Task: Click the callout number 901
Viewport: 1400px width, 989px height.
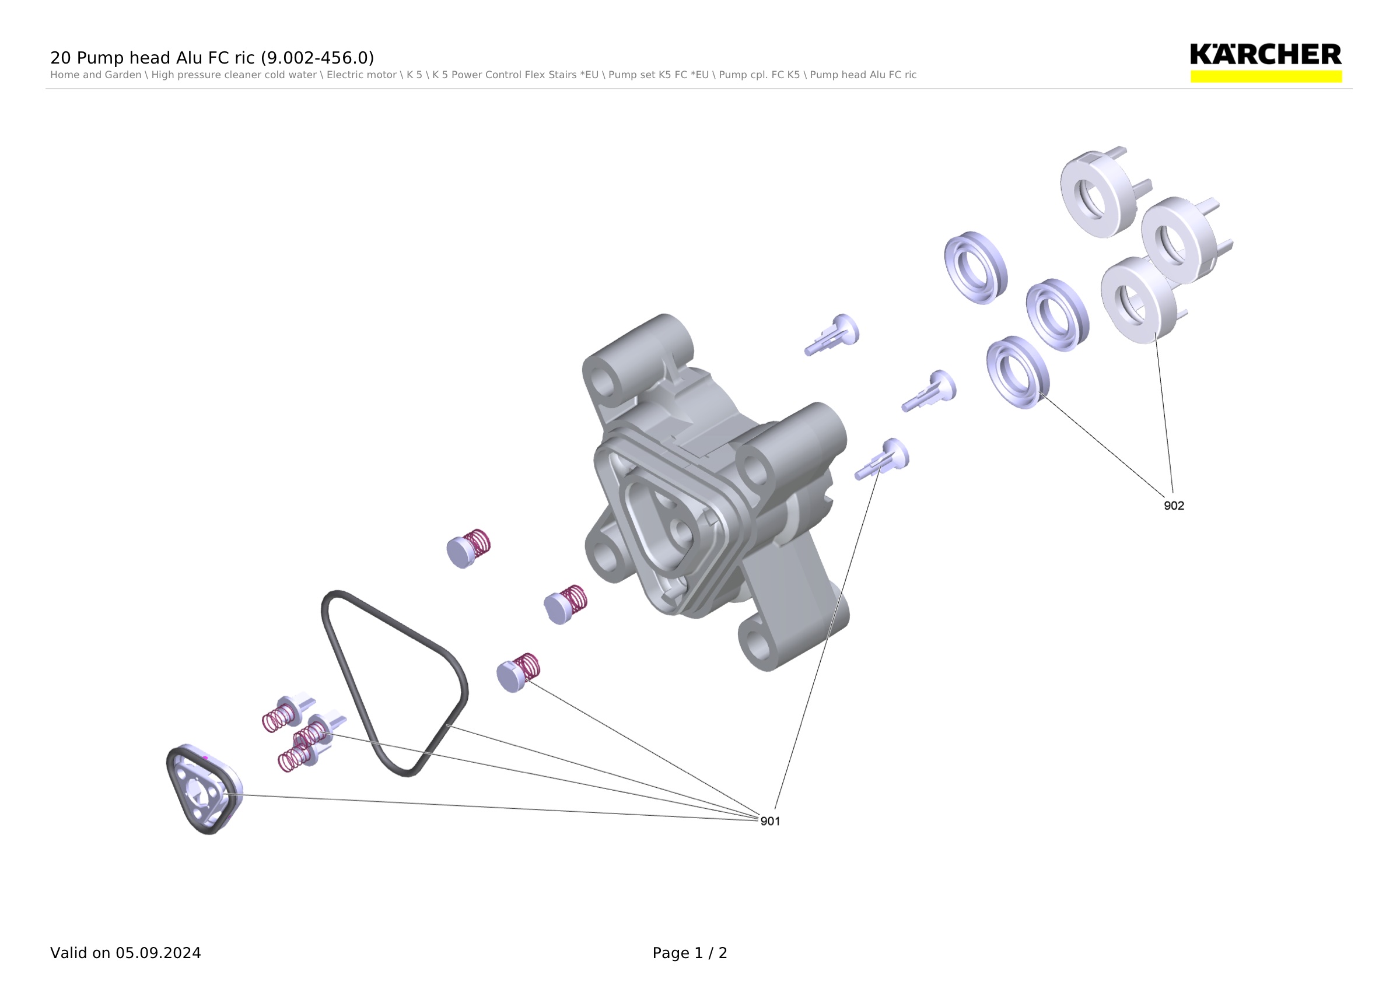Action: coord(770,822)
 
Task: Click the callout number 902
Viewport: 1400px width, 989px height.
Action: coord(1174,506)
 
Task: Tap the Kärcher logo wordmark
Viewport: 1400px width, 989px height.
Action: coord(1266,54)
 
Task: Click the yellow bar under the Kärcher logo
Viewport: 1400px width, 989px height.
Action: coord(1266,76)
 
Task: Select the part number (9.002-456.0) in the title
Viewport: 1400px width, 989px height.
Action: coord(317,58)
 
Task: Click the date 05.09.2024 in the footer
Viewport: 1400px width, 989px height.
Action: coord(159,953)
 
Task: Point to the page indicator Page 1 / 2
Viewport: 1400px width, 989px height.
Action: coord(689,953)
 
